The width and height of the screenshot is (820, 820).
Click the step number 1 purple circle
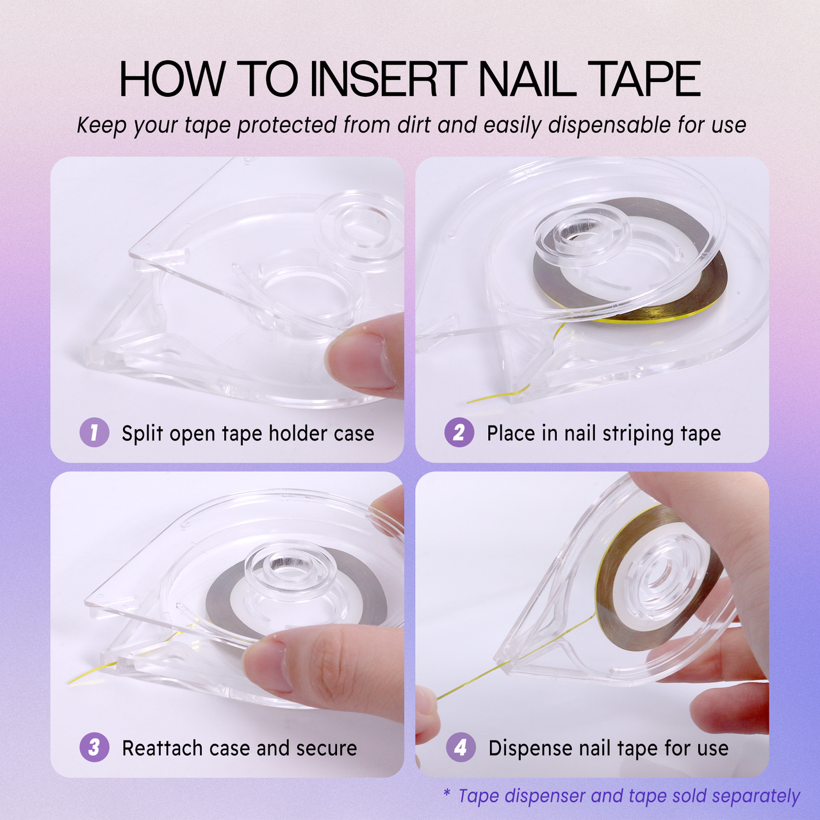pyautogui.click(x=94, y=432)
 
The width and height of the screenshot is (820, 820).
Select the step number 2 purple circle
pyautogui.click(x=459, y=432)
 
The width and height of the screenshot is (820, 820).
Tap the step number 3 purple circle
pyautogui.click(x=94, y=747)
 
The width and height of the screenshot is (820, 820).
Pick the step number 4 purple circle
pyautogui.click(x=460, y=747)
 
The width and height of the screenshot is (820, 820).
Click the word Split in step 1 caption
pyautogui.click(x=142, y=434)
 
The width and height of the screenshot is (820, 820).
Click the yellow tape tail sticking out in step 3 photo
pyautogui.click(x=90, y=676)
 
